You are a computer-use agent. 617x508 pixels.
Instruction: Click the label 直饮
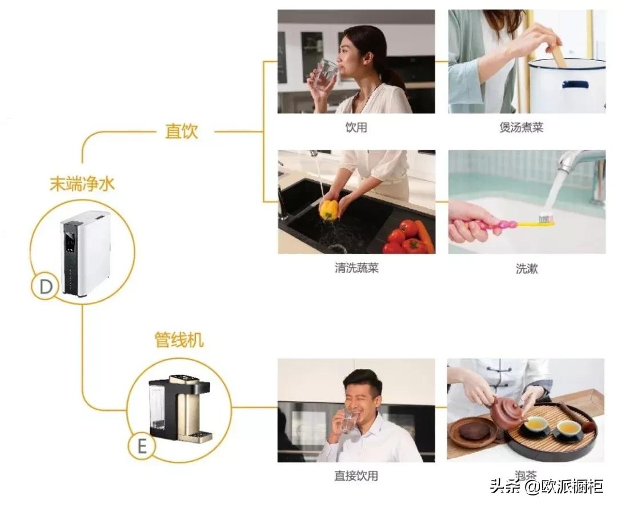182,131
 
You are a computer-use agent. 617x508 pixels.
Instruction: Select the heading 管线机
179,340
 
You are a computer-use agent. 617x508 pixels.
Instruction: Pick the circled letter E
142,446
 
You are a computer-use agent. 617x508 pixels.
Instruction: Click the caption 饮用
356,127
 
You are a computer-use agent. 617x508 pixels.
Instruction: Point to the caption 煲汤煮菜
521,127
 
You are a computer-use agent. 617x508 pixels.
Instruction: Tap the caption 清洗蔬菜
356,268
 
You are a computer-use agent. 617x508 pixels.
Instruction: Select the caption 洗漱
526,268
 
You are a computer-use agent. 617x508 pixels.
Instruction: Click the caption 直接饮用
356,475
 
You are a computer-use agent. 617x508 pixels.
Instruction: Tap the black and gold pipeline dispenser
179,409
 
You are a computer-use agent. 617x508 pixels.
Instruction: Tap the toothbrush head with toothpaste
546,218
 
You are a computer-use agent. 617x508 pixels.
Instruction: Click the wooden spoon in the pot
558,55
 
